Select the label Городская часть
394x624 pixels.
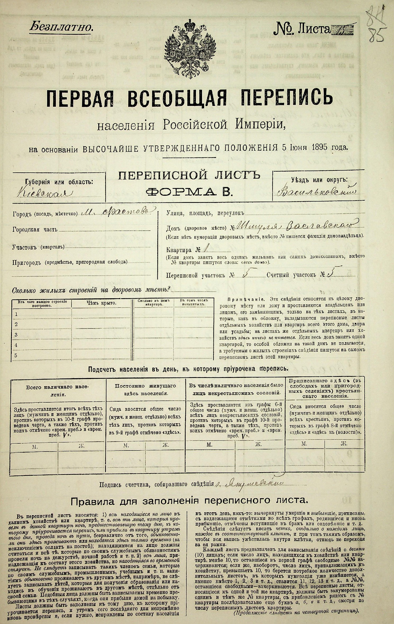click(x=35, y=229)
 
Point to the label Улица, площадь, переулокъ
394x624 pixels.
click(x=205, y=213)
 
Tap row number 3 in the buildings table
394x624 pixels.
click(x=16, y=335)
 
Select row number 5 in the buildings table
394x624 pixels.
click(x=16, y=355)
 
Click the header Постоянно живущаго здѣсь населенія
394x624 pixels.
click(x=145, y=389)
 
